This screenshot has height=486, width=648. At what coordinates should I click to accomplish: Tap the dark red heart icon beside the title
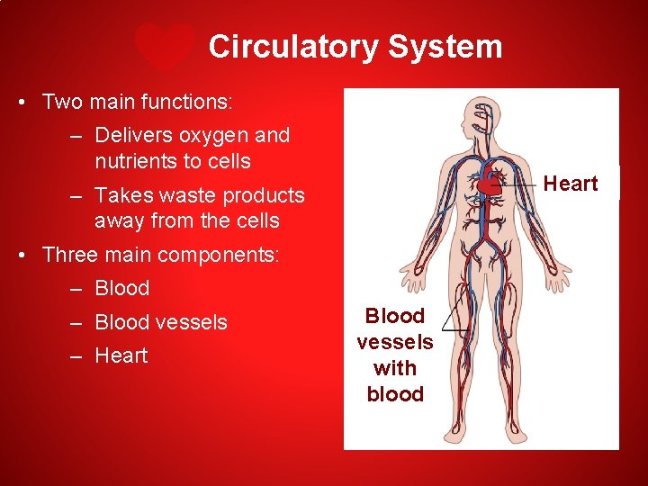click(x=165, y=47)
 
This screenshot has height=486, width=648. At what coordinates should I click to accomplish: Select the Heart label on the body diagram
click(x=571, y=184)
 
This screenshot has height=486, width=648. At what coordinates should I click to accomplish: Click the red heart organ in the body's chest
click(x=488, y=185)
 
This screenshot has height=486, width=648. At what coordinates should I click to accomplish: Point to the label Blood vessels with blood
click(x=395, y=355)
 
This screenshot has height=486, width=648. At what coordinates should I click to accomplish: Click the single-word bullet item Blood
click(x=121, y=289)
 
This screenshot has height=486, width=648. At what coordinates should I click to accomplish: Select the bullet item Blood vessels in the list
click(x=161, y=322)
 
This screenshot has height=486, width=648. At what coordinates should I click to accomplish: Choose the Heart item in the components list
click(x=121, y=355)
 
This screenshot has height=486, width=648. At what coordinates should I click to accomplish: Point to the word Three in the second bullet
click(x=68, y=255)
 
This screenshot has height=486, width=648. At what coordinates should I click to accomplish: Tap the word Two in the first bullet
click(x=59, y=102)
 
